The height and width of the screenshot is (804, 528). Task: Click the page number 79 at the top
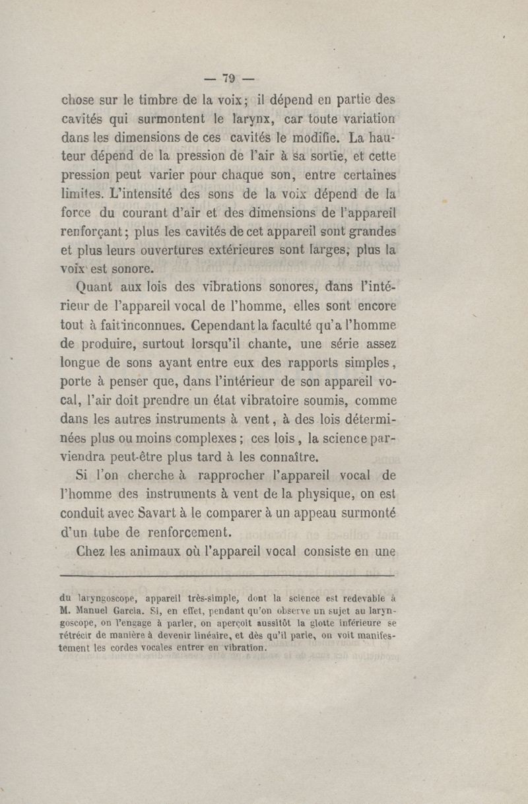click(x=229, y=78)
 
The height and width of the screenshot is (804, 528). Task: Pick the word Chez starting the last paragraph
click(x=94, y=552)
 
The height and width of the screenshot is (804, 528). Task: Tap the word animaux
click(x=155, y=552)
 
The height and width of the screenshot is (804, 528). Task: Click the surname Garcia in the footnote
click(x=130, y=611)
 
